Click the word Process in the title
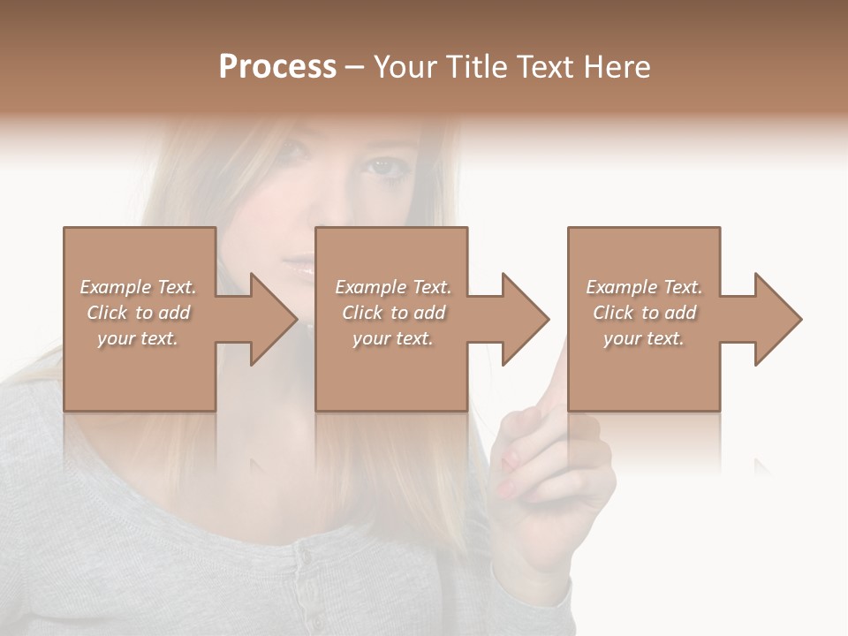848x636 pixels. tap(277, 67)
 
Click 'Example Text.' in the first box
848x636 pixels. tap(138, 287)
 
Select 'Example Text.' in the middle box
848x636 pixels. tap(393, 287)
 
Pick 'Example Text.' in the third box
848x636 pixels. tap(644, 287)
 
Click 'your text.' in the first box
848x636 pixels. tap(138, 338)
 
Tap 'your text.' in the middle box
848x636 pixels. tap(393, 338)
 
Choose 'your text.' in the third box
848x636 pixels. tap(644, 338)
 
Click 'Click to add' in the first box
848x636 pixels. tap(138, 313)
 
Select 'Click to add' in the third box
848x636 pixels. tap(644, 313)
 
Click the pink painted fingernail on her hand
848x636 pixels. tap(508, 459)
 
